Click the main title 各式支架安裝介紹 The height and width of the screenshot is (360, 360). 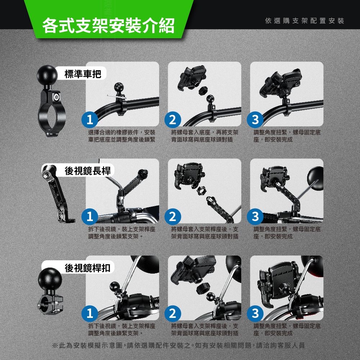108,25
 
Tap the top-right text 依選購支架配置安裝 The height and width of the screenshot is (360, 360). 305,21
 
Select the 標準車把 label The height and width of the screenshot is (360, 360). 83,74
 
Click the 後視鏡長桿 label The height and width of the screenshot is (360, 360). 88,171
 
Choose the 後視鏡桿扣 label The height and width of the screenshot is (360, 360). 88,268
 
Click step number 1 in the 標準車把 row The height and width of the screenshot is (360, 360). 90,120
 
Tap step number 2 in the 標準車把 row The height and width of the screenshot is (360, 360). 173,120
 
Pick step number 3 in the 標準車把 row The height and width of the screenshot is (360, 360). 255,120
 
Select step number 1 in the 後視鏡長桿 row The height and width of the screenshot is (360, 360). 90,216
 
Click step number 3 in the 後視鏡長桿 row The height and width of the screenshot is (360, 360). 255,216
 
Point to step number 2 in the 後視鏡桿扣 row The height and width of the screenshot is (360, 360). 173,314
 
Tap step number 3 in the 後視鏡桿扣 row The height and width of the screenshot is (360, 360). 255,314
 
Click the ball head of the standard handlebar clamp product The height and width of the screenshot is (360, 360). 47,75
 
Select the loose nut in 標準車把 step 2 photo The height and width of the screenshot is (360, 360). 203,90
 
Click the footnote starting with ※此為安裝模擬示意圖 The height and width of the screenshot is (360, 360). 179,345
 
